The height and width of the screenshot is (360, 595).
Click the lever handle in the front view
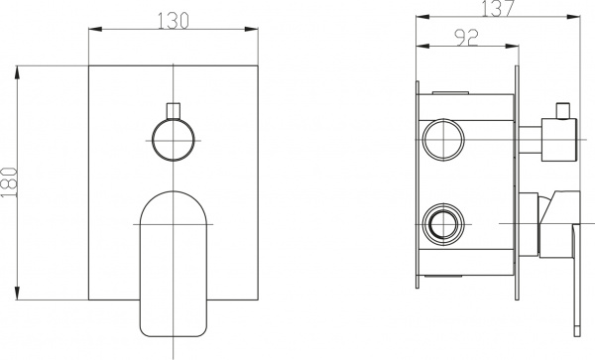coord(174,258)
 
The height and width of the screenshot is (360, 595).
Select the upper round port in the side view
coord(442,138)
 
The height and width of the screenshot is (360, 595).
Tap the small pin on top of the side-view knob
coord(564,107)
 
